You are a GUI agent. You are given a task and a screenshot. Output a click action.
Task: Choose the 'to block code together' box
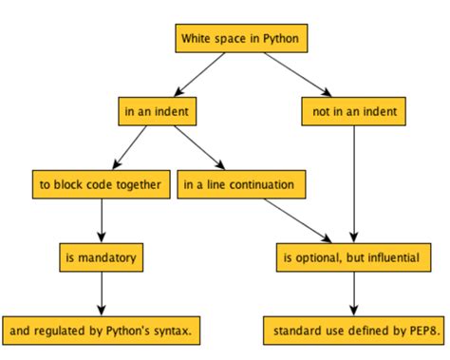pyautogui.click(x=101, y=184)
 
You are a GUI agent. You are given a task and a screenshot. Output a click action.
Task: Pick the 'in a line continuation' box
pyautogui.click(x=242, y=184)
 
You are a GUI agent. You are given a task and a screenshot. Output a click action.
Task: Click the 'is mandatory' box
pyautogui.click(x=101, y=256)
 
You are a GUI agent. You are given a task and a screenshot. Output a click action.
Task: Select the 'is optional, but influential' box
pyautogui.click(x=353, y=256)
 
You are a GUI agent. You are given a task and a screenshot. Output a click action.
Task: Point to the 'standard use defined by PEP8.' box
pyautogui.click(x=353, y=330)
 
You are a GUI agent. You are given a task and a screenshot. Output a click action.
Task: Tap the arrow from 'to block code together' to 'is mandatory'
pyautogui.click(x=101, y=220)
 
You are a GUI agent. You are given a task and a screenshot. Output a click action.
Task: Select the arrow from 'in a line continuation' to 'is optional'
pyautogui.click(x=297, y=220)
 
